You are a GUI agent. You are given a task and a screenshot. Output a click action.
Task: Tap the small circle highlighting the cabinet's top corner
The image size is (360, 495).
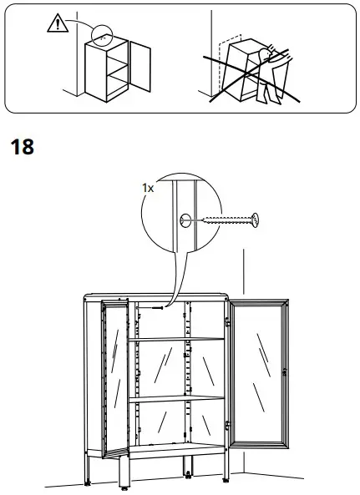tap(101, 35)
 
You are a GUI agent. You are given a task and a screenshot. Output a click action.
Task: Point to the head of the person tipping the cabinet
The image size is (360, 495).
tap(266, 53)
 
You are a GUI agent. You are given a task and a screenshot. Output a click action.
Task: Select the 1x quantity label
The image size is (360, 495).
tap(148, 189)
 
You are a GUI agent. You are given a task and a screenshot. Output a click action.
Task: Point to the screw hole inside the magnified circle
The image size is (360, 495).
tap(183, 221)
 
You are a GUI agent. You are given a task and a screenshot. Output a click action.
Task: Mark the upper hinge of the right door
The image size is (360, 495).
tap(227, 322)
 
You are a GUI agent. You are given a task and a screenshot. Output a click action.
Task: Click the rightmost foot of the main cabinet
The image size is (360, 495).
tap(225, 481)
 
